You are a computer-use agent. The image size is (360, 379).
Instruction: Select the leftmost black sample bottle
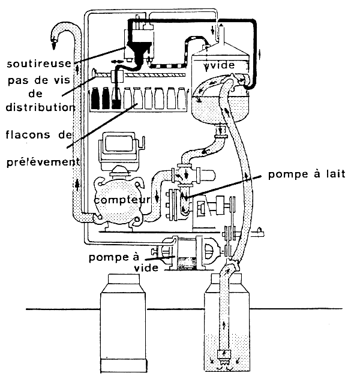tap(95, 100)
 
